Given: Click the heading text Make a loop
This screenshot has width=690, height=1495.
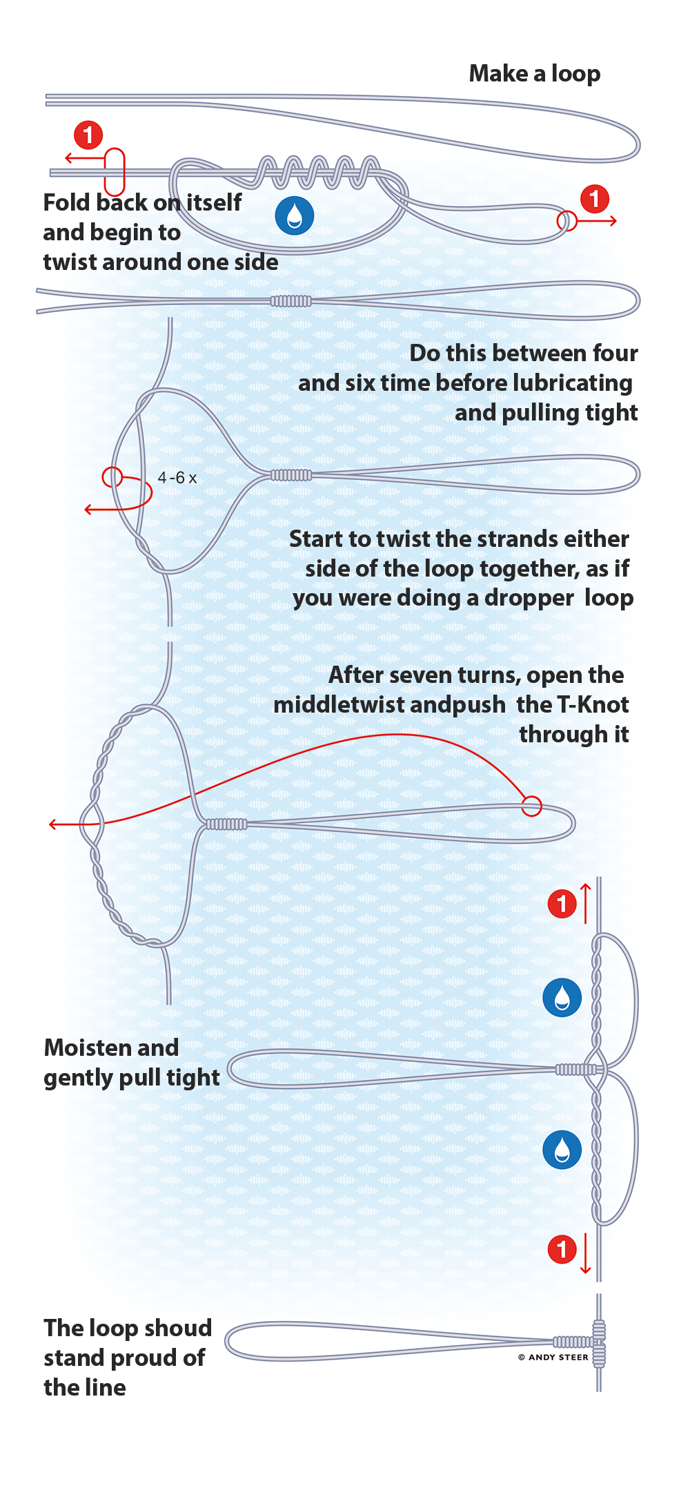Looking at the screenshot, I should (x=534, y=74).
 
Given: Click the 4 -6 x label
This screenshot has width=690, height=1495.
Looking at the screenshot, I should (x=177, y=478).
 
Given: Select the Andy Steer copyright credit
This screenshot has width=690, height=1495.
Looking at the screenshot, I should (x=553, y=1357).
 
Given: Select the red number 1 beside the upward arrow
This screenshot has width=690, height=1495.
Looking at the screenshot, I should (x=562, y=903).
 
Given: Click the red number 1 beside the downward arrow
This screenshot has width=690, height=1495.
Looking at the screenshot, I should (x=562, y=1248).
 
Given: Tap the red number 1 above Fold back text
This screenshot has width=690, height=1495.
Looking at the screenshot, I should (x=88, y=135).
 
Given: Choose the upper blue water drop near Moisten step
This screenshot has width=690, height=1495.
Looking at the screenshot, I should (x=562, y=997).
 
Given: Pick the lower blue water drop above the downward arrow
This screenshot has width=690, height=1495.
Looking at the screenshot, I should (x=562, y=1150).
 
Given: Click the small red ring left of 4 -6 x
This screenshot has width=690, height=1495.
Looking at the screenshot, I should (x=112, y=476).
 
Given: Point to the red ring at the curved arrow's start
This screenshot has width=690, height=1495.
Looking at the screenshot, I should (x=531, y=806).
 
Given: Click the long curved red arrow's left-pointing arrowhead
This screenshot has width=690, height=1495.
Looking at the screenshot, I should (x=53, y=824).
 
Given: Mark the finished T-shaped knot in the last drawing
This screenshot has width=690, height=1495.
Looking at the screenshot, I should (x=598, y=1343).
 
